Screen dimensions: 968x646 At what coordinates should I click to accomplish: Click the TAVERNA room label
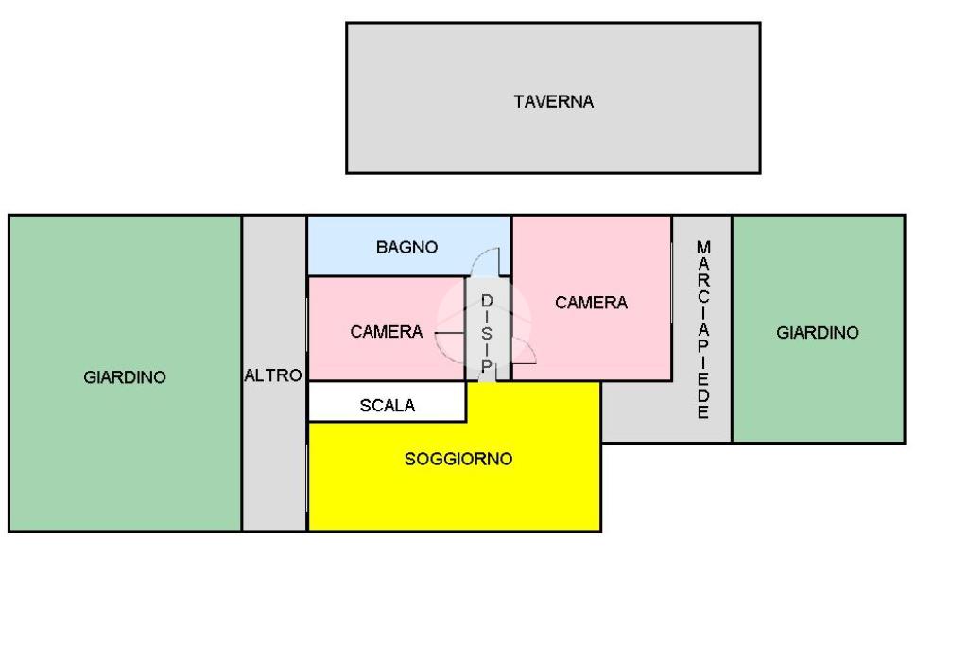tap(553, 101)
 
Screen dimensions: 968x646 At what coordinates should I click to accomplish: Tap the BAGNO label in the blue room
tap(406, 247)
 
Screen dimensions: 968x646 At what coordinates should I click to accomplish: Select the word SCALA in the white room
tap(387, 406)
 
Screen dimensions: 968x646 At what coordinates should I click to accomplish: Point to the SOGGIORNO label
tap(458, 460)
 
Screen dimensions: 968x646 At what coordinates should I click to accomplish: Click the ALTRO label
tap(273, 375)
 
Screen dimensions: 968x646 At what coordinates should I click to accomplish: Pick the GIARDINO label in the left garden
tap(125, 376)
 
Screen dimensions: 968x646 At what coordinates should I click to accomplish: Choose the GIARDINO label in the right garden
tap(818, 332)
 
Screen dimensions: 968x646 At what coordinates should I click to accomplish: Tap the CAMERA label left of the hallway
tap(386, 332)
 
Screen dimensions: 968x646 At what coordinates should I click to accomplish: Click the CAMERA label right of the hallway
tap(591, 303)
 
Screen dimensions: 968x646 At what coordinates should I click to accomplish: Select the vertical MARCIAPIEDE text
tap(702, 329)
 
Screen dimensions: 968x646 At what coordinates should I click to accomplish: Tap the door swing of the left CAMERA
tap(451, 331)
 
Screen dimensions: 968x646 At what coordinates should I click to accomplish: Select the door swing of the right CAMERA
tap(524, 352)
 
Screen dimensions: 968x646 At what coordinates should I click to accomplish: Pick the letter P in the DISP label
tap(487, 366)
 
